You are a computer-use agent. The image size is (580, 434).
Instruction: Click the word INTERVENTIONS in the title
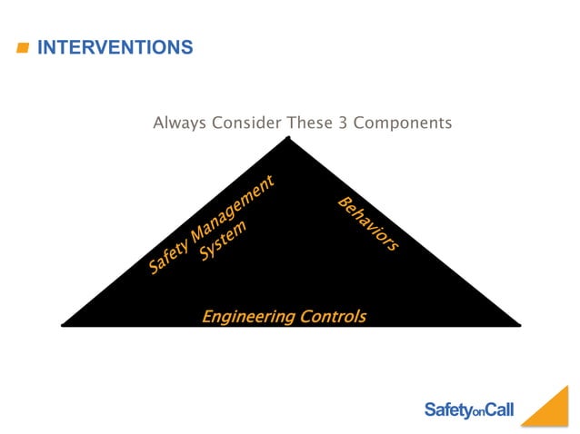115,47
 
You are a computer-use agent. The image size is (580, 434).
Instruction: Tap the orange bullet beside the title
24,48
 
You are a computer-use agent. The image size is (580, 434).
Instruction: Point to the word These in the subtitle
312,123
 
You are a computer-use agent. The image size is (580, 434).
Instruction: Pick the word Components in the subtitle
402,123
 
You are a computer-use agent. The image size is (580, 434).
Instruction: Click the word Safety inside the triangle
167,252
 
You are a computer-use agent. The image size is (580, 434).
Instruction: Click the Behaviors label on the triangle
368,223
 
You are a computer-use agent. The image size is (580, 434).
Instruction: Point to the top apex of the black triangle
289,138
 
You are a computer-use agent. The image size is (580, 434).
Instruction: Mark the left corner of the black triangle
64,323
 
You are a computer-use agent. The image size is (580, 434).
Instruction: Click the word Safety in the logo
447,410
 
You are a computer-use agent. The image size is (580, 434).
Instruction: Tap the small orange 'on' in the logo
479,413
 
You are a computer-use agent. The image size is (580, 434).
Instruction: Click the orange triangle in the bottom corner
551,411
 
